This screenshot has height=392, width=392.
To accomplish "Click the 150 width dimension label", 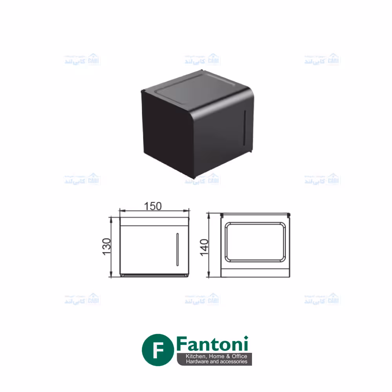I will [x=153, y=206].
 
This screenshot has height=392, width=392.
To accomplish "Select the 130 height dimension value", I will [x=107, y=247].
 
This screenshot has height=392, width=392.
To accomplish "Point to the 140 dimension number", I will [x=204, y=247].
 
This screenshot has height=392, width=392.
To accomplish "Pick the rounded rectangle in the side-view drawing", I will [x=255, y=242].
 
